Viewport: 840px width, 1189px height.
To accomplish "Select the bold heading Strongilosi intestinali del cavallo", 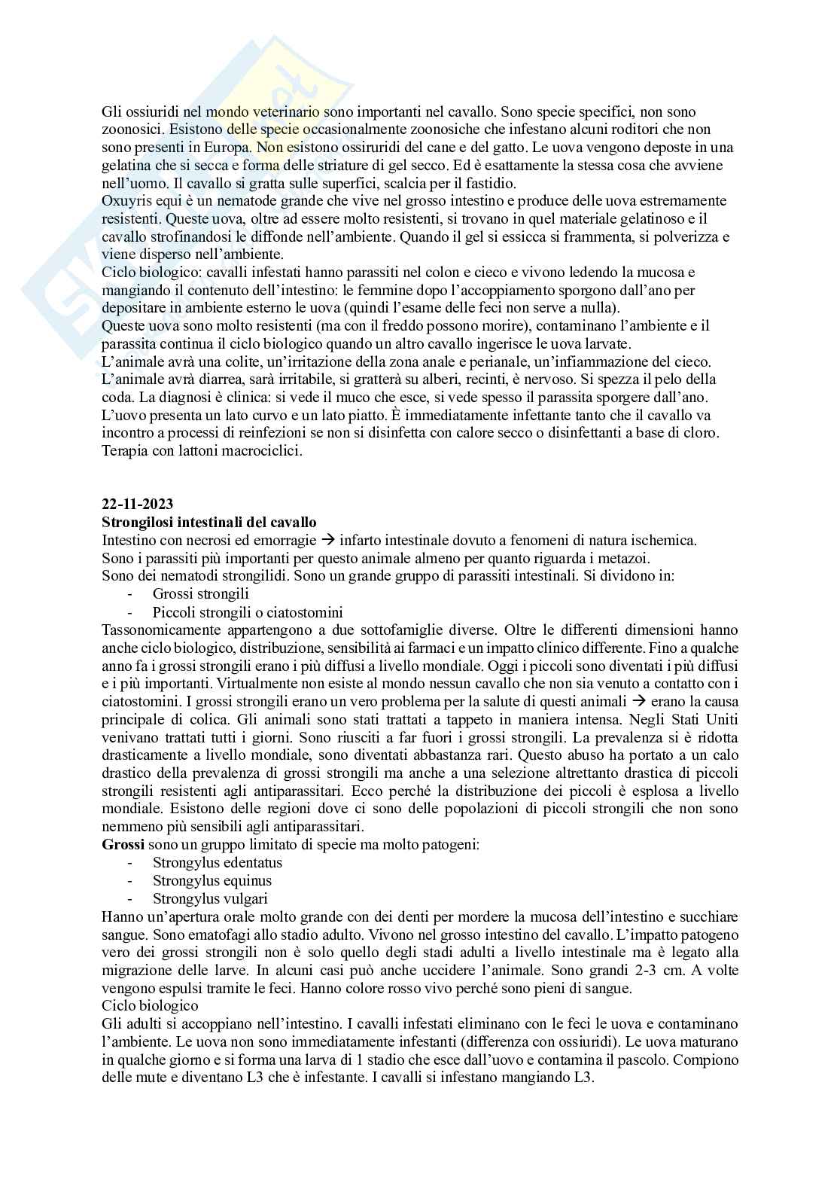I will pyautogui.click(x=209, y=523).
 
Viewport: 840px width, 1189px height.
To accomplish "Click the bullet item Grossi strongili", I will pyautogui.click(x=200, y=594).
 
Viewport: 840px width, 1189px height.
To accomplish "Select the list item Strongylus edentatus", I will pyautogui.click(x=218, y=862).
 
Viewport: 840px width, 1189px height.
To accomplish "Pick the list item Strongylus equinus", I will pyautogui.click(x=212, y=880).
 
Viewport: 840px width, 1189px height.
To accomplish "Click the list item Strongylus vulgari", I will pyautogui.click(x=210, y=898).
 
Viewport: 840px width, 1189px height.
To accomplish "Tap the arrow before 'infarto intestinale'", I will pyautogui.click(x=327, y=541).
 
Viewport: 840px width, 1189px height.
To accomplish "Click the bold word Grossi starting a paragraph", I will pyautogui.click(x=123, y=844).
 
